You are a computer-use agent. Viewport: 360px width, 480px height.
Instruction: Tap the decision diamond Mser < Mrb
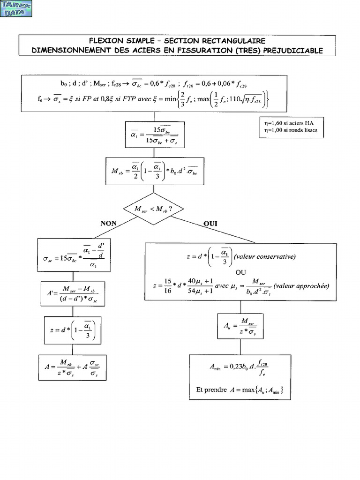tap(154, 209)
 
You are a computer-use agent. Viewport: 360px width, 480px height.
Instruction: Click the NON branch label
tap(108, 224)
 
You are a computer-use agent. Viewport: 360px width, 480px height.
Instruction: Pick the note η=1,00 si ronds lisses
tap(291, 130)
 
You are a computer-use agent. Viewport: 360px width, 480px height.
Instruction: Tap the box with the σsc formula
tap(74, 255)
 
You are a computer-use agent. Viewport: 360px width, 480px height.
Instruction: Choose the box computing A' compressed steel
tap(74, 294)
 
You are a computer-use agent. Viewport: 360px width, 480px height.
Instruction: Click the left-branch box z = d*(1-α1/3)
tap(74, 331)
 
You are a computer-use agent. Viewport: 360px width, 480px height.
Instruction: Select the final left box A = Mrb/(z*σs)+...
tap(74, 367)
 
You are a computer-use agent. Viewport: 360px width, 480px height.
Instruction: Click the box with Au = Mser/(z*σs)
tap(240, 326)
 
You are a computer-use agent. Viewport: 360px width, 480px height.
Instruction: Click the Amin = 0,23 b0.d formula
tap(240, 368)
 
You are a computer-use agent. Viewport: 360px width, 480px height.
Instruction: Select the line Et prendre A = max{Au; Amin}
tap(240, 390)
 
